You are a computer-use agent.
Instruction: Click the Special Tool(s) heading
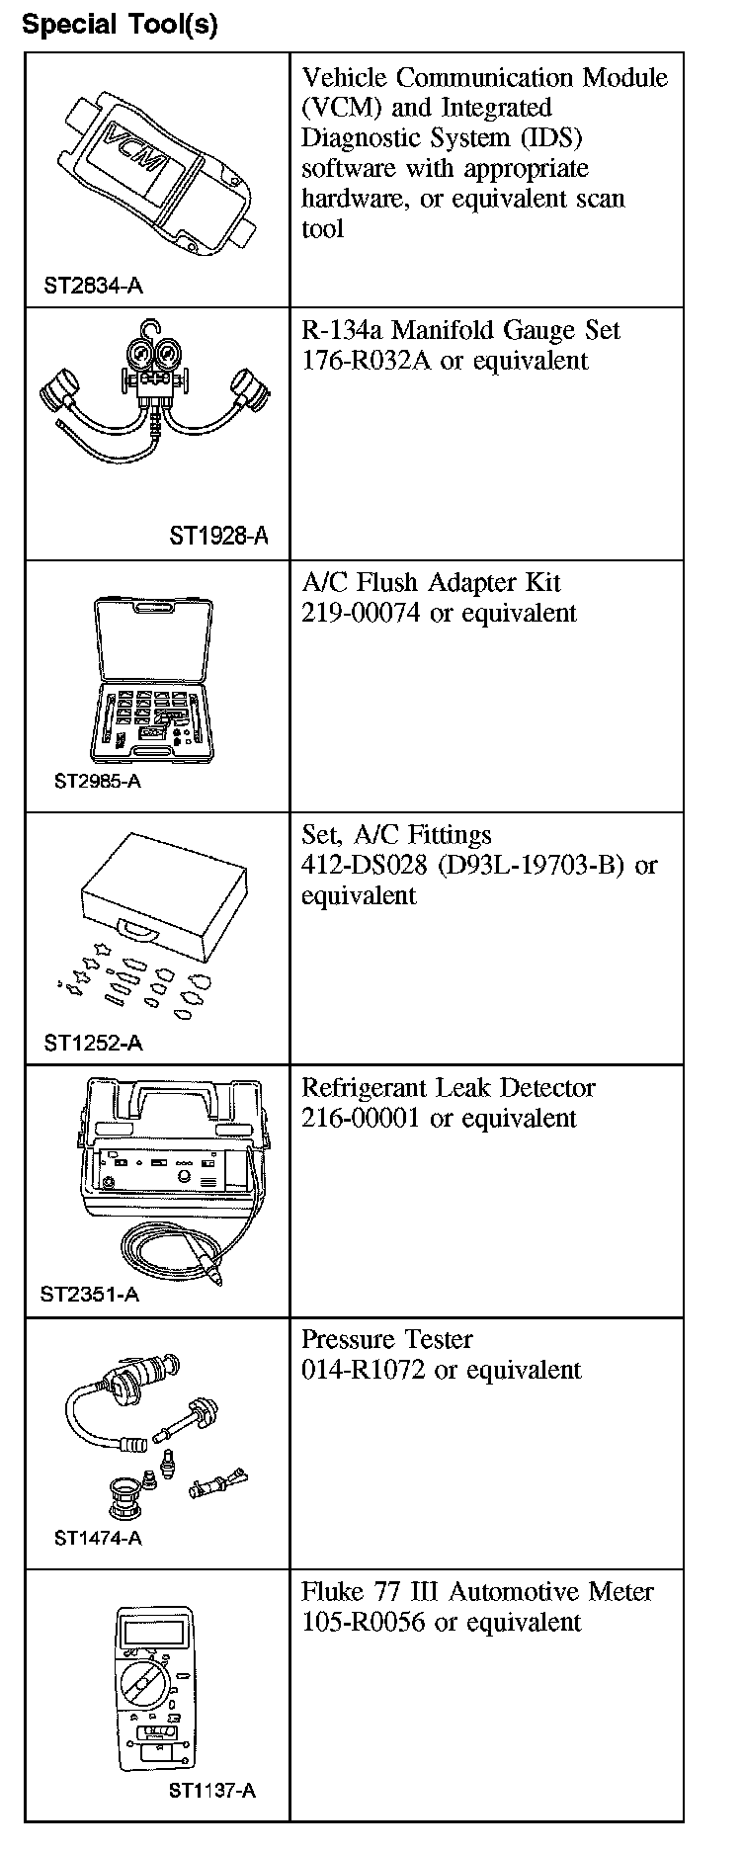[x=120, y=24]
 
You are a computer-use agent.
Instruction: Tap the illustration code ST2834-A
[x=93, y=287]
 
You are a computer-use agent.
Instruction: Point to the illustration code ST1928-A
[x=218, y=537]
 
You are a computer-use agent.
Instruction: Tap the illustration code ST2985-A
[x=98, y=782]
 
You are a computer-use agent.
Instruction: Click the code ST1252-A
[x=93, y=1043]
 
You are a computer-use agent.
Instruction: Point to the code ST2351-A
[x=90, y=1295]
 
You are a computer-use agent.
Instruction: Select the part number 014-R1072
[x=365, y=1371]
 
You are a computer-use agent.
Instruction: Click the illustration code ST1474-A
[x=98, y=1538]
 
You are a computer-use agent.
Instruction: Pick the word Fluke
[x=330, y=1592]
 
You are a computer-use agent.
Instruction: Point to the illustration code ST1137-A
[x=211, y=1790]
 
